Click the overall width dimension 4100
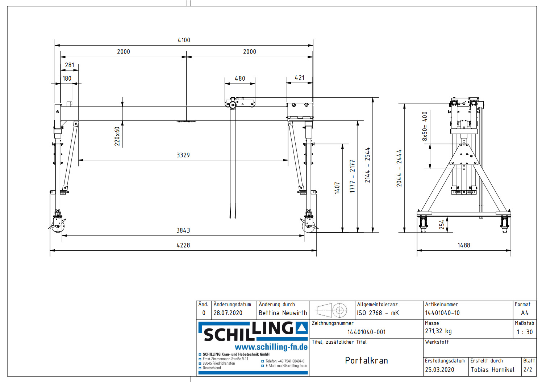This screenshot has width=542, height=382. [184, 40]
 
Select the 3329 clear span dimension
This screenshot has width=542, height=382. [183, 155]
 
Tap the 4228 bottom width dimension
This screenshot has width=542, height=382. [183, 245]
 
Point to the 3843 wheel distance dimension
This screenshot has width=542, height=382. [183, 230]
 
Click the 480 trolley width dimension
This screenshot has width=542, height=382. [240, 78]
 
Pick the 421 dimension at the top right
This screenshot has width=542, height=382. [300, 78]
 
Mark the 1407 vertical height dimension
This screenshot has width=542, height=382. [337, 188]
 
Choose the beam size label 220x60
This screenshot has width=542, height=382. [117, 136]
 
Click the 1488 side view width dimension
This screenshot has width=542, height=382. [464, 245]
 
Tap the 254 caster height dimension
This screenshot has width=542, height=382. [442, 225]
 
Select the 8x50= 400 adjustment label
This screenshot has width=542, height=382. [425, 126]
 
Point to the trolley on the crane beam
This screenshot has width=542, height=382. [240, 103]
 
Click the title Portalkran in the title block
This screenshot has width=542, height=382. [366, 361]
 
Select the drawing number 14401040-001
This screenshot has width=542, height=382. [366, 332]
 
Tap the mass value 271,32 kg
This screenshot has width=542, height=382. [438, 331]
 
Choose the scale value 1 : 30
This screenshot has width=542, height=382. [525, 332]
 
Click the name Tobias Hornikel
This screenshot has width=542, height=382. [492, 370]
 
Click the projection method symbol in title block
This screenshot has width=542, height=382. [332, 310]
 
